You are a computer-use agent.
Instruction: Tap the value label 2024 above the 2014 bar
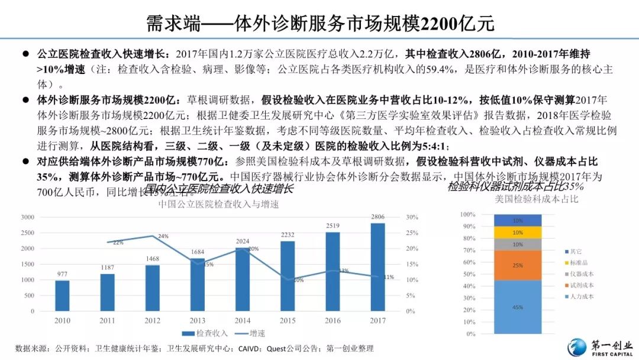coord(243,242)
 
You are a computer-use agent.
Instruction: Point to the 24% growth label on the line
coord(163,236)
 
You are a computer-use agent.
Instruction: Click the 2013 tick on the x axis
coord(198,320)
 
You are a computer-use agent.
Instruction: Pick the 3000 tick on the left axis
coord(27,217)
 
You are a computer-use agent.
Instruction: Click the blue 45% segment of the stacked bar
coord(518,307)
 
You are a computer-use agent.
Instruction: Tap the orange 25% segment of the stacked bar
coord(518,265)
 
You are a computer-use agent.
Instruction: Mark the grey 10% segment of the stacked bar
coord(518,244)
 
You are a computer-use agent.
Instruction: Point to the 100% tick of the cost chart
coord(467,214)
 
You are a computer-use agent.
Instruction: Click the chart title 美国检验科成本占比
coord(537,200)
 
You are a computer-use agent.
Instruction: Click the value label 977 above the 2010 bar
coord(62,274)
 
